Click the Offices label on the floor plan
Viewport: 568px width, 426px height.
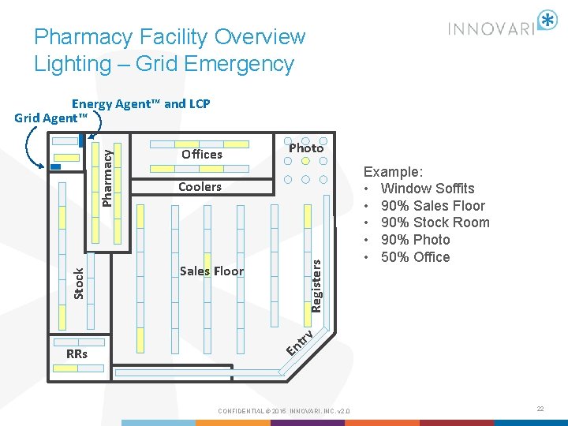tap(202, 155)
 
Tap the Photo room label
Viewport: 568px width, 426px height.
tap(306, 148)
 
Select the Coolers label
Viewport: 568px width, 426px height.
tap(200, 187)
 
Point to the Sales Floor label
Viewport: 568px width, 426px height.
tap(211, 271)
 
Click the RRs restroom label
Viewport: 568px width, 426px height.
tap(77, 353)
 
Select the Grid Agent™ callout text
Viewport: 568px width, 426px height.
tap(50, 118)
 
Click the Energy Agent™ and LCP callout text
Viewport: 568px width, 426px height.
tap(141, 103)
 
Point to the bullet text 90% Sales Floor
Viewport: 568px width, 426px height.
tap(433, 206)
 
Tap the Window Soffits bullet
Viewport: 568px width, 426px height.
tap(428, 189)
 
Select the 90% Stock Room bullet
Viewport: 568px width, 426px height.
tap(435, 222)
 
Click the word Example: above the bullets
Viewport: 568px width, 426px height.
tap(394, 171)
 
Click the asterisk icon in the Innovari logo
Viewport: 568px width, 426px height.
tap(546, 21)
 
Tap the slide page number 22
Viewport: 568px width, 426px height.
tap(540, 409)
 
